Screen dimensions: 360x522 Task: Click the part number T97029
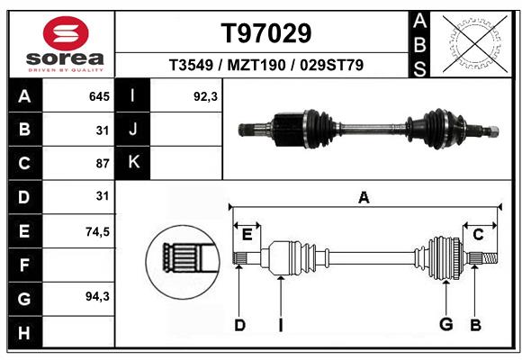pos(266,33)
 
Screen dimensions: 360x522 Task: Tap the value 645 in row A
pos(99,95)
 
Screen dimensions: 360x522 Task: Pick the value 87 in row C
pos(102,164)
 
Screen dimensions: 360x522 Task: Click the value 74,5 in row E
pos(97,231)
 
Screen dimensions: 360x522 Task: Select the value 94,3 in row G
pos(97,296)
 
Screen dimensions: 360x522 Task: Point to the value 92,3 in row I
pos(206,95)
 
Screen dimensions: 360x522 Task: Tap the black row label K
pos(133,163)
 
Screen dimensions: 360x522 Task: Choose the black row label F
pos(23,265)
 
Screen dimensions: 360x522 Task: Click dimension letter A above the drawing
pos(364,198)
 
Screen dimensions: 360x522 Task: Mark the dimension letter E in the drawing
pos(247,235)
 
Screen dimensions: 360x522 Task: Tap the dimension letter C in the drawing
pos(479,235)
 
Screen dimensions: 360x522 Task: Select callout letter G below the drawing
pos(445,324)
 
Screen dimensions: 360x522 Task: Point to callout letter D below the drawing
pos(239,324)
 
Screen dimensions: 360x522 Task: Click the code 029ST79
pos(333,66)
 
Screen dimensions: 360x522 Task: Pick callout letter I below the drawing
pos(281,324)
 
